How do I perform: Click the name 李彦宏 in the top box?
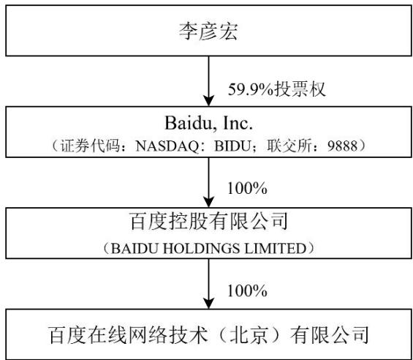click(x=208, y=31)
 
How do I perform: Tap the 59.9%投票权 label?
click(x=277, y=89)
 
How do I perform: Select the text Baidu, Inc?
click(x=208, y=123)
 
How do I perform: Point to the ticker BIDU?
click(x=232, y=146)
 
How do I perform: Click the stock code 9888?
click(x=342, y=146)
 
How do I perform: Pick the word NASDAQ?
click(x=167, y=146)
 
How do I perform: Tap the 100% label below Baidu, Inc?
click(x=247, y=189)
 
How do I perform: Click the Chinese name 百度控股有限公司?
click(x=208, y=222)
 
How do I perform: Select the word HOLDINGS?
click(x=202, y=249)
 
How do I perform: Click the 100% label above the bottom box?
click(x=247, y=291)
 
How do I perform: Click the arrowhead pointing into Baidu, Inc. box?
click(x=209, y=101)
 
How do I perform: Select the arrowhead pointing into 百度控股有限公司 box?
click(x=209, y=203)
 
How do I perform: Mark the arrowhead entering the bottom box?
click(x=209, y=304)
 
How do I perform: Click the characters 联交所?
click(x=289, y=146)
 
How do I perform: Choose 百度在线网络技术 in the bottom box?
click(x=128, y=335)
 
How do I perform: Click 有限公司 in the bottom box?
click(x=329, y=335)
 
